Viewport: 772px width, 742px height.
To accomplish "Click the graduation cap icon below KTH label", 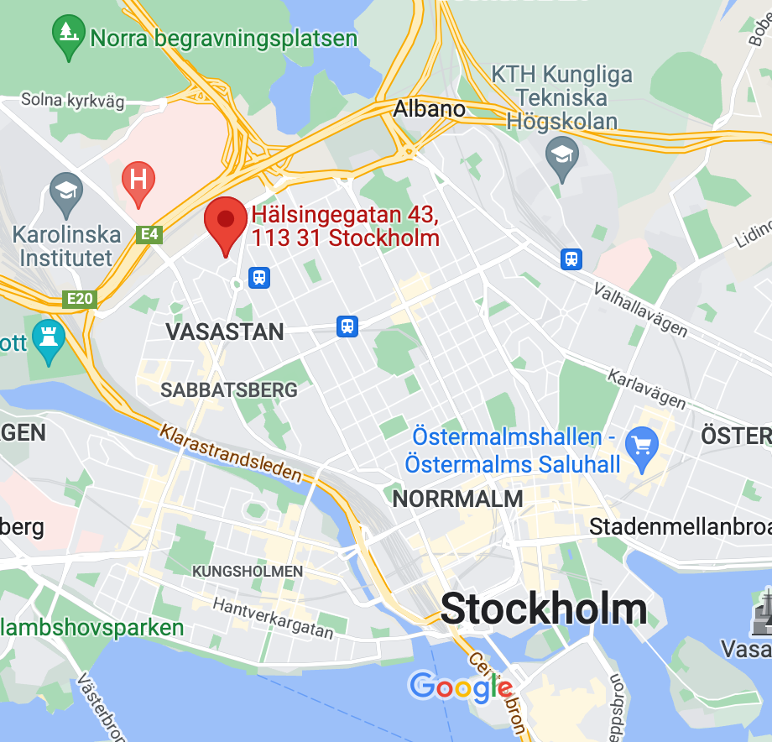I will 561,155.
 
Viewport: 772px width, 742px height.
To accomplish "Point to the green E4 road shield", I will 149,235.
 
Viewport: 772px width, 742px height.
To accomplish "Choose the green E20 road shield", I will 81,298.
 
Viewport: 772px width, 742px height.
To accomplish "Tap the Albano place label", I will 429,109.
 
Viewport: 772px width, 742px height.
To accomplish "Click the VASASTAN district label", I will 224,332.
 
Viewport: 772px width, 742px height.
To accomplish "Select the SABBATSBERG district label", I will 228,390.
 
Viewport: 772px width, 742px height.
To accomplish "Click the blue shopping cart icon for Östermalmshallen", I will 644,442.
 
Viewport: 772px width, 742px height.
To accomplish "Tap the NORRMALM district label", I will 457,499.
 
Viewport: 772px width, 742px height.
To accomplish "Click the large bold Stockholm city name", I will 544,609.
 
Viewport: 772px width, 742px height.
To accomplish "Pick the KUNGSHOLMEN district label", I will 248,572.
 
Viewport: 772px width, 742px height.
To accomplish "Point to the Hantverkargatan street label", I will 273,617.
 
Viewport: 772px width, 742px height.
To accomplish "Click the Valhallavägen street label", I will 640,310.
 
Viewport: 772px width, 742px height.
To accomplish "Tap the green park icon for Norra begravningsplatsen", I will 67,34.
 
